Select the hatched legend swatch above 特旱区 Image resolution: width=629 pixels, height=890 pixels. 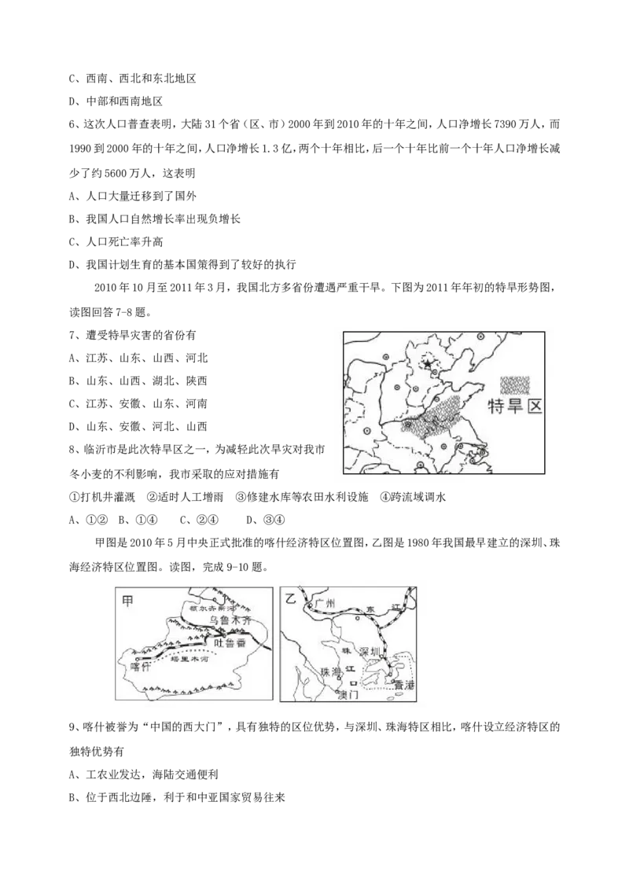click(x=515, y=384)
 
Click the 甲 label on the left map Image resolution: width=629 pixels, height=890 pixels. click(x=127, y=599)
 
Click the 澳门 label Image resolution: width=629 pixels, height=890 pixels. click(x=347, y=696)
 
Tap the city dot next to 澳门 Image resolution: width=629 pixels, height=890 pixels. click(x=338, y=690)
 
